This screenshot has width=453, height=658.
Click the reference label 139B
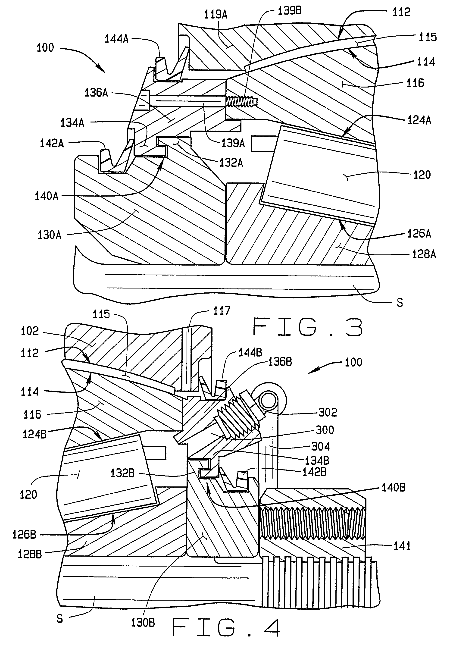(290, 11)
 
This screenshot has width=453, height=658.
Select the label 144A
(116, 39)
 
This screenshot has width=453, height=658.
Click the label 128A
(424, 254)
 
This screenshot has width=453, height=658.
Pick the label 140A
(47, 196)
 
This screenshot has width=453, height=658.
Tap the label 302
(328, 412)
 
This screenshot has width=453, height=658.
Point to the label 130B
(143, 623)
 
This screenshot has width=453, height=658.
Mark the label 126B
(24, 535)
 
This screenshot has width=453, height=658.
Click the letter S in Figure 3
(400, 303)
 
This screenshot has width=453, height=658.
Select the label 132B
(122, 473)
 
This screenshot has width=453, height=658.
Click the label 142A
(52, 143)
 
